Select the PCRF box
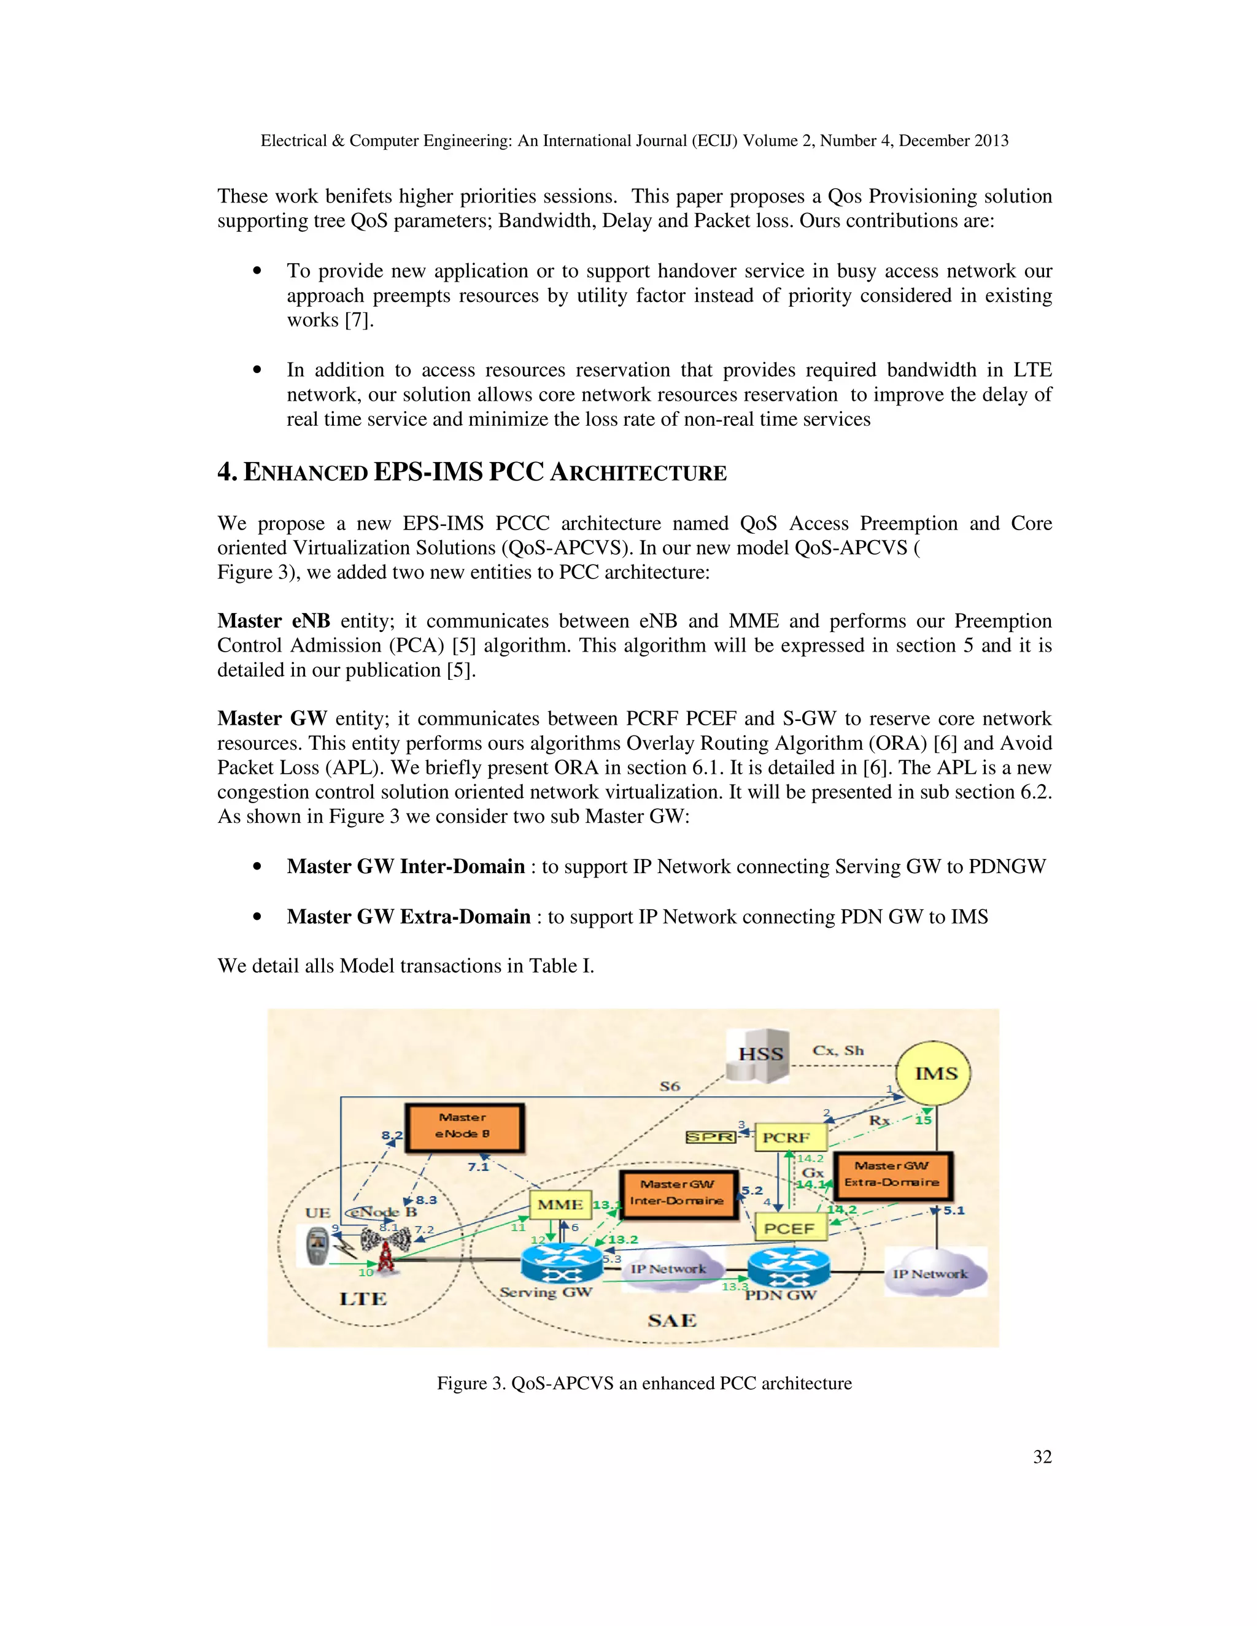[x=791, y=1137]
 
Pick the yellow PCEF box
[x=791, y=1228]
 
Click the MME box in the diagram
[x=560, y=1204]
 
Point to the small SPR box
[x=710, y=1137]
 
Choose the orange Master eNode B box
[x=464, y=1127]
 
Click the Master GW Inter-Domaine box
[x=678, y=1193]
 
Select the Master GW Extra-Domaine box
[x=891, y=1175]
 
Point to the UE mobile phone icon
[x=318, y=1248]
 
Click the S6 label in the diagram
[x=670, y=1086]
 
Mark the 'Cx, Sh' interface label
[x=838, y=1050]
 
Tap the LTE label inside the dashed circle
[x=363, y=1298]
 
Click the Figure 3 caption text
[x=643, y=1382]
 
